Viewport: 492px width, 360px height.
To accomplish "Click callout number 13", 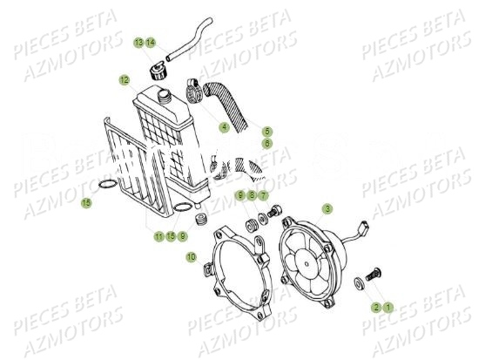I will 138,43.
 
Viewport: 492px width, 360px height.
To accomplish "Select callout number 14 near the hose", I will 151,43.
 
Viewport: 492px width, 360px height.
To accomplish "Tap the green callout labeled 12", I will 124,80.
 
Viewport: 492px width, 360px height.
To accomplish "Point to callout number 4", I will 224,127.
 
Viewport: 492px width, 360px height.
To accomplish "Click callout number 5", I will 267,132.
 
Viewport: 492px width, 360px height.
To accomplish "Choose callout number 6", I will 267,143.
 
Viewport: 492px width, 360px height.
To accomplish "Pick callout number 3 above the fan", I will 263,197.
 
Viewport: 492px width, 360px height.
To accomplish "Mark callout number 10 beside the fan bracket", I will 252,197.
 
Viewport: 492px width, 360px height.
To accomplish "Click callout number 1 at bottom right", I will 389,307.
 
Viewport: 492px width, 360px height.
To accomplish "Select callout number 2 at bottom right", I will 377,307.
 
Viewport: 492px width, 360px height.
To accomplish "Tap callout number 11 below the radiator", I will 159,236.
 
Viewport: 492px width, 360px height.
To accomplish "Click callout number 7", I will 263,197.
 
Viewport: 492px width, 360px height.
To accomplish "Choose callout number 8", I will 252,197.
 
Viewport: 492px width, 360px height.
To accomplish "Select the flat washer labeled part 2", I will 361,283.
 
